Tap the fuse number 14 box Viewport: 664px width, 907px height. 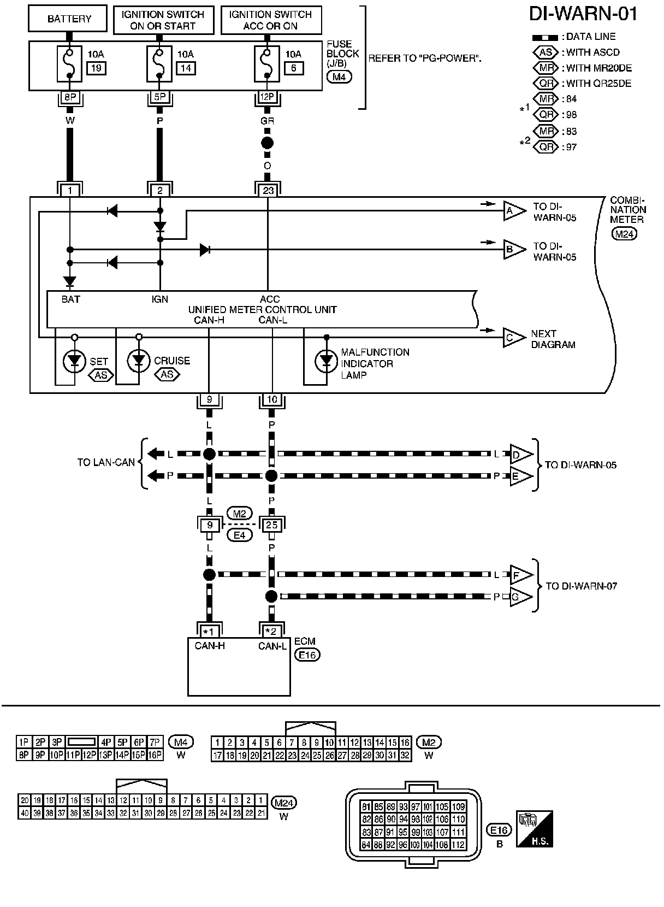pos(186,68)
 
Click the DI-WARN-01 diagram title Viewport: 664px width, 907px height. pos(583,14)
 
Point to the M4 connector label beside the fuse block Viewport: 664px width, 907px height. pos(339,76)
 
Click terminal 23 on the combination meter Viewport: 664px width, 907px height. pos(268,190)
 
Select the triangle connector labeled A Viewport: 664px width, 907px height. pos(514,210)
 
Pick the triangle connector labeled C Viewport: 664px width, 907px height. pos(514,338)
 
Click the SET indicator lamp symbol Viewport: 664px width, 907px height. pos(74,361)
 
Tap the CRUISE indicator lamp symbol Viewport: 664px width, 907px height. pos(139,361)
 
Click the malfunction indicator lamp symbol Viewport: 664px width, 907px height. pos(326,361)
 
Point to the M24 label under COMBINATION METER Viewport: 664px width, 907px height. pos(624,234)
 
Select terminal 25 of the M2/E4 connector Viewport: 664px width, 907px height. pos(271,525)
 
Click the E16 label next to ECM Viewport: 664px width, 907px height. pos(307,655)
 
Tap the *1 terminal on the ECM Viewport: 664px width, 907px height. pos(209,632)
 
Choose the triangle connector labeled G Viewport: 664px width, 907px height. pos(521,597)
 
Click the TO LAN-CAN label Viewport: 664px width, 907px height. pos(106,462)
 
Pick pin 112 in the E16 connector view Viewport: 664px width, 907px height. pos(458,845)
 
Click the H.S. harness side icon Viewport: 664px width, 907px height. pos(534,829)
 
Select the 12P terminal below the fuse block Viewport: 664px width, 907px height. pos(267,97)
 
